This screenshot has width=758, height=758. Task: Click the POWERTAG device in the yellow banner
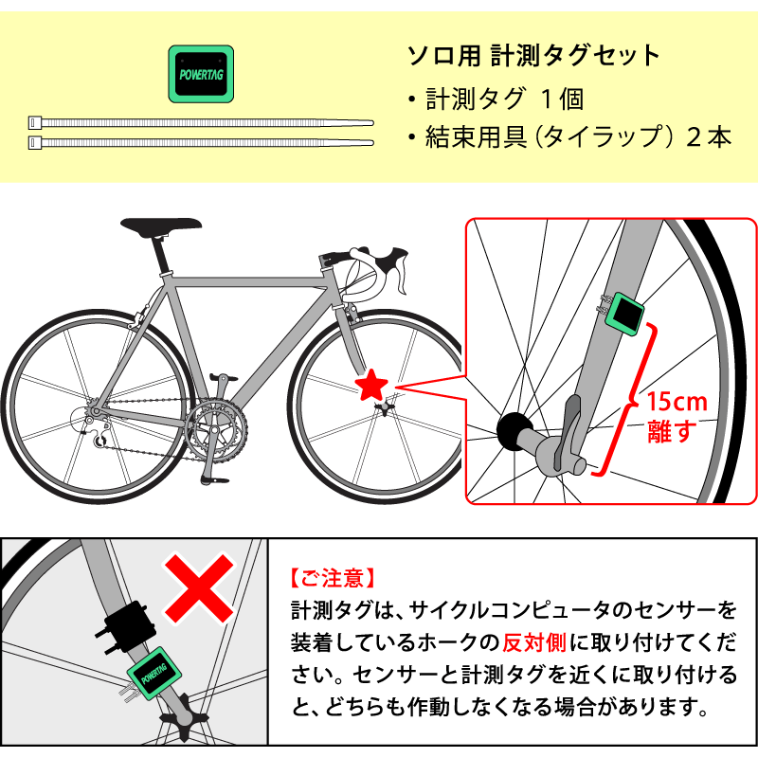[201, 74]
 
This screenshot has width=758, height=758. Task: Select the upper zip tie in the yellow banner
[201, 123]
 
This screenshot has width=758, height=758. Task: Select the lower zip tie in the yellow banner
[201, 143]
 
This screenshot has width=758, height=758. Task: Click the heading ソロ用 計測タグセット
[533, 56]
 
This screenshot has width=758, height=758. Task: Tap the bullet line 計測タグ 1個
[496, 99]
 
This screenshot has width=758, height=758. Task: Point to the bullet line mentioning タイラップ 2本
[569, 136]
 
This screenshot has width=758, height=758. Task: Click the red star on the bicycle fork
[371, 385]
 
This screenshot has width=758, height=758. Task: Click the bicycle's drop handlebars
[373, 268]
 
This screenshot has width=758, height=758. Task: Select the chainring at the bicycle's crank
[216, 430]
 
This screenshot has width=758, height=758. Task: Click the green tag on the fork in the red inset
[625, 314]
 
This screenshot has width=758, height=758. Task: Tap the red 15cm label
[677, 402]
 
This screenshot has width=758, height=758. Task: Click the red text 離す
[672, 431]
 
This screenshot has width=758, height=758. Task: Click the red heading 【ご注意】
[333, 578]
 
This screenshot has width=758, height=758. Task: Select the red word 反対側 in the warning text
[534, 642]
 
